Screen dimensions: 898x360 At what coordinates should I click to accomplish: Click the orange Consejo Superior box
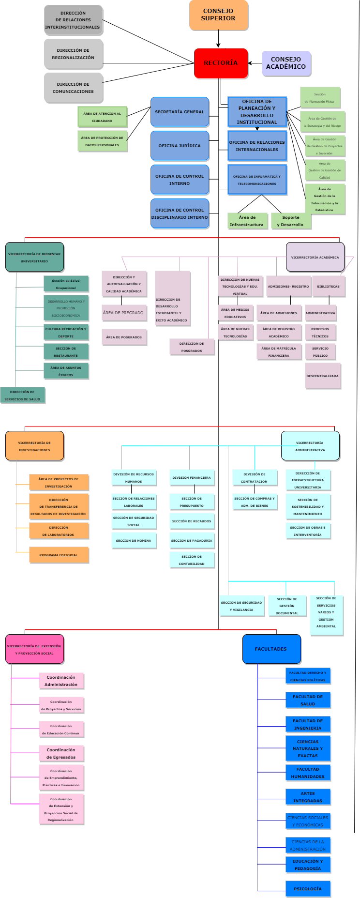pos(218,15)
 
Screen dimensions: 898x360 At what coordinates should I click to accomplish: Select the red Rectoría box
pos(221,63)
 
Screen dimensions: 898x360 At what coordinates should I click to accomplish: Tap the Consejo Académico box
pos(286,63)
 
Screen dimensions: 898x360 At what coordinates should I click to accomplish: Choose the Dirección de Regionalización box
pos(73,54)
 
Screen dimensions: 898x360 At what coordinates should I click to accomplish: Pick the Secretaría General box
pos(180,112)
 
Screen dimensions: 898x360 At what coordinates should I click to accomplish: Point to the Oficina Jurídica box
pos(180,146)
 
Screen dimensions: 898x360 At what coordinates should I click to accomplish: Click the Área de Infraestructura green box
pos(247,221)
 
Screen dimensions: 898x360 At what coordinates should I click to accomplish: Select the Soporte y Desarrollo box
pos(290,221)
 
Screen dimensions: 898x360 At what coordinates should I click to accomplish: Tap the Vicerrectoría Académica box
pos(315,257)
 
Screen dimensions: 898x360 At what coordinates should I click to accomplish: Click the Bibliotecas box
pos(328,286)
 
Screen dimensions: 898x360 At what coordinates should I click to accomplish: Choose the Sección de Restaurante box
pos(66,351)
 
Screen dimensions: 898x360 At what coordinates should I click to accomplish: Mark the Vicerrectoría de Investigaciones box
pos(34,446)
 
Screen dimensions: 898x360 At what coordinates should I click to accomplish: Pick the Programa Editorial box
pos(59,555)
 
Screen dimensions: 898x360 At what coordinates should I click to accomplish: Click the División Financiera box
pos(192,477)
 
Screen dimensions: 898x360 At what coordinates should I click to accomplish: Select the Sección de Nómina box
pos(134,540)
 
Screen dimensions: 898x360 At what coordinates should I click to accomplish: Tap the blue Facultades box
pos(271,649)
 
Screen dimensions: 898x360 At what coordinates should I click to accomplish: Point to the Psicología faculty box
pos(308,889)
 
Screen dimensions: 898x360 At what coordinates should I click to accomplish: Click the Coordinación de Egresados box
pos(61,753)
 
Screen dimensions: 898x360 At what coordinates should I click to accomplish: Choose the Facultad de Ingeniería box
pos(308,724)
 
